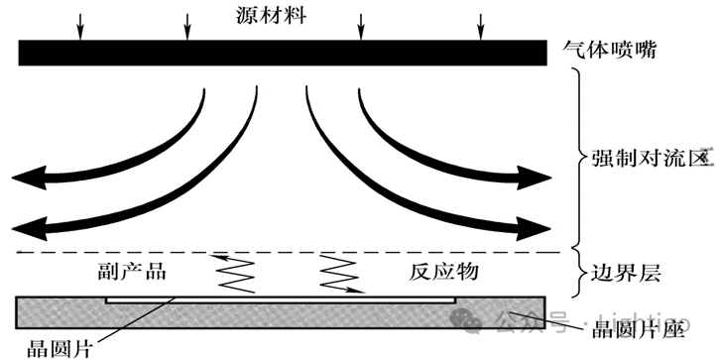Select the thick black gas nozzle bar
pos(282,53)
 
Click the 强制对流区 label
pos(645,158)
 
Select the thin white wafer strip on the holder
pos(281,297)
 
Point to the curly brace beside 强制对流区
pos(579,159)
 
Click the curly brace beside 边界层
pos(579,275)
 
